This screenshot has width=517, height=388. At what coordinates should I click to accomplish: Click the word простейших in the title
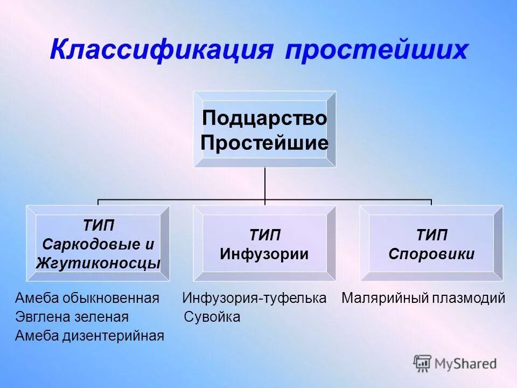[376, 50]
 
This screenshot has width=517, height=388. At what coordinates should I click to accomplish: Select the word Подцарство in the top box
[264, 118]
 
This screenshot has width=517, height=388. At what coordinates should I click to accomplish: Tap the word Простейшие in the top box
[264, 143]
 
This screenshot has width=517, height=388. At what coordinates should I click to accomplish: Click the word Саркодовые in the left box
[92, 244]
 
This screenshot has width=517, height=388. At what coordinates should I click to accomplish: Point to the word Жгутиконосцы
[98, 263]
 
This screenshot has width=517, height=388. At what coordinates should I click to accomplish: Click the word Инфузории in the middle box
[264, 254]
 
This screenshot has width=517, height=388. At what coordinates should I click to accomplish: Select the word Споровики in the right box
[431, 254]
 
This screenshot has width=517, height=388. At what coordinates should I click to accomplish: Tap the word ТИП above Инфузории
[264, 235]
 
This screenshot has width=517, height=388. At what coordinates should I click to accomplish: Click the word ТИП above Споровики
[431, 235]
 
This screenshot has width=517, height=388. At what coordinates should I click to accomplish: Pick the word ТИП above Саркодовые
[98, 225]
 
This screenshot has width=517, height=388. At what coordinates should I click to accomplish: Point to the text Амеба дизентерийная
[89, 336]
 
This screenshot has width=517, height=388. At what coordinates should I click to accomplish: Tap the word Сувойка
[212, 317]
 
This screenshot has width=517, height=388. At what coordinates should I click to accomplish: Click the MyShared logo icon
[422, 363]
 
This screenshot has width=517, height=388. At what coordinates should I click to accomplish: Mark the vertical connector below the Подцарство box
[264, 183]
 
